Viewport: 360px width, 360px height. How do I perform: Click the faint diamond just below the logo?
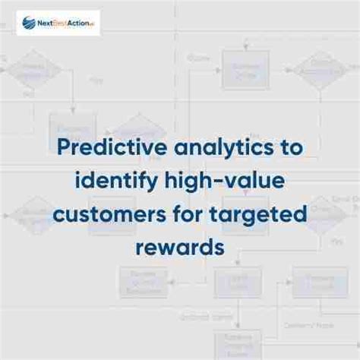35,72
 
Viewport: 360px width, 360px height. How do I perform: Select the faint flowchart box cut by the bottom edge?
236,346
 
